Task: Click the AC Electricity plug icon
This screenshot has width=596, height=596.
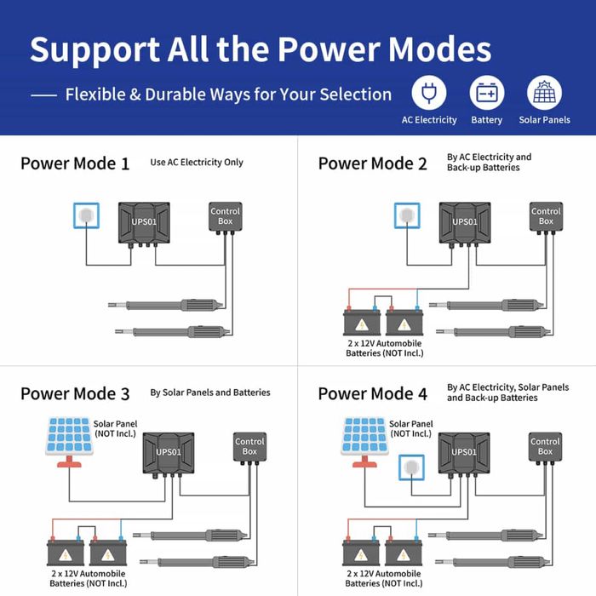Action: tap(429, 93)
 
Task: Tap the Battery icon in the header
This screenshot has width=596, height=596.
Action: tap(486, 93)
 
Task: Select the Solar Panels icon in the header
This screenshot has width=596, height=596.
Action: tap(544, 93)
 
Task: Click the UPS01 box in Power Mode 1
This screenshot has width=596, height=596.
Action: tap(144, 223)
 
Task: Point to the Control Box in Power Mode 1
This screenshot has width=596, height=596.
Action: tap(226, 216)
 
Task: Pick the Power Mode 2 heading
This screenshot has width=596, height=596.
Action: tap(372, 163)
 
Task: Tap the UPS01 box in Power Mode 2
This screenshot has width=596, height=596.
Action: tap(465, 223)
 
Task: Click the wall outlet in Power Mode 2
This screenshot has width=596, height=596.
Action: tap(407, 216)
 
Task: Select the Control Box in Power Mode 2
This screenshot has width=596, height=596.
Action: tap(546, 216)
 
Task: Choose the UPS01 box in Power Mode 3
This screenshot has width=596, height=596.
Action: tap(169, 453)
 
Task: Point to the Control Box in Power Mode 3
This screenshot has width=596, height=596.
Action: tap(249, 446)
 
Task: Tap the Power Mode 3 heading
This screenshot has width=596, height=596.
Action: tap(75, 393)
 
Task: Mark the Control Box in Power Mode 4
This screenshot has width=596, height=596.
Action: tap(545, 446)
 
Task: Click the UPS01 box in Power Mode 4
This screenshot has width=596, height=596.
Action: tap(464, 453)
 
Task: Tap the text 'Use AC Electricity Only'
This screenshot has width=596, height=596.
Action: tap(197, 162)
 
